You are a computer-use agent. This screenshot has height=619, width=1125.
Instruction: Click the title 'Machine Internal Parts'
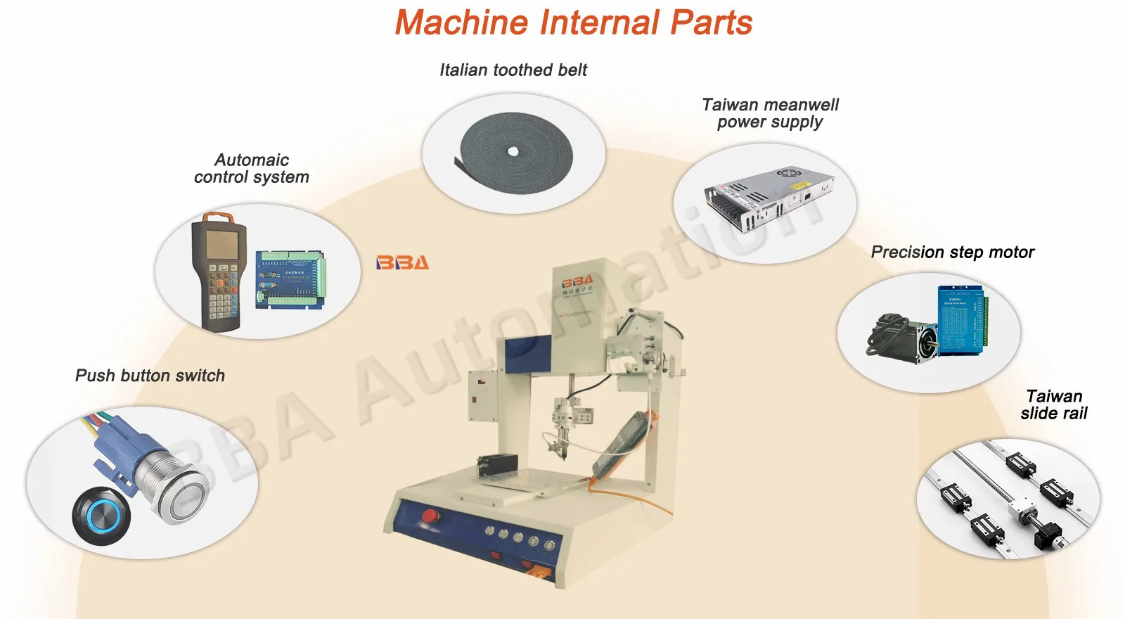click(x=573, y=23)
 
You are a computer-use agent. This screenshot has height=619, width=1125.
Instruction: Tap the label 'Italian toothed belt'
click(x=513, y=70)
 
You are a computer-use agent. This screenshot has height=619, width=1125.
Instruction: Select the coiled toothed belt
click(x=515, y=151)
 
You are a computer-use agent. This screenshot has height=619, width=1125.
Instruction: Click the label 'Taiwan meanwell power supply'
click(x=770, y=113)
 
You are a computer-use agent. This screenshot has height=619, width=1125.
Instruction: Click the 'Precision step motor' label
click(x=952, y=252)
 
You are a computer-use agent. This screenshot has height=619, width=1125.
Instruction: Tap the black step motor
click(x=904, y=338)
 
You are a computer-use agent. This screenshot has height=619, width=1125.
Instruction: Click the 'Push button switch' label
click(x=150, y=376)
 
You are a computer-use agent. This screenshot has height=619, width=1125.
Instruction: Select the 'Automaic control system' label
click(x=251, y=168)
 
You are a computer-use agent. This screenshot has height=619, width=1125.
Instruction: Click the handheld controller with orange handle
click(x=219, y=271)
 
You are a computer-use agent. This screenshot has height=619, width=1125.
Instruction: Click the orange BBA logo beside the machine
click(x=402, y=262)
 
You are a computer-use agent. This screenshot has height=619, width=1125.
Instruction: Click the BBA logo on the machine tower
click(x=577, y=280)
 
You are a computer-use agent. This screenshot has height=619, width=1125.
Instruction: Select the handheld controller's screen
click(x=221, y=243)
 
